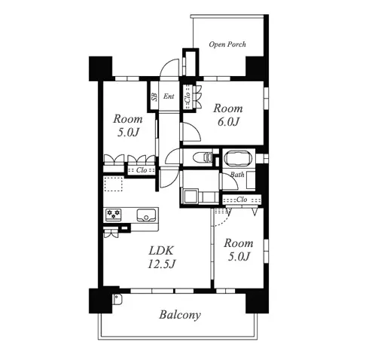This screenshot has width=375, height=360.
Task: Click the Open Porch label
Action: click(227, 44)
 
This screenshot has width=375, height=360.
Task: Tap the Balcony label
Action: click(180, 315)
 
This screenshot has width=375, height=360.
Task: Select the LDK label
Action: click(161, 250)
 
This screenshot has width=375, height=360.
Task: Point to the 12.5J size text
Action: click(161, 264)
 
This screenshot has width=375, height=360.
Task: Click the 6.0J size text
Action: click(228, 122)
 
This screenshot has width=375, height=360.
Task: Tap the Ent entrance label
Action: click(169, 96)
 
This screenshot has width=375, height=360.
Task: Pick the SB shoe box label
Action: click(154, 97)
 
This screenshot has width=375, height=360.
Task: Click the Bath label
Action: click(237, 174)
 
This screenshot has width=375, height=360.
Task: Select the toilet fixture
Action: click(203, 157)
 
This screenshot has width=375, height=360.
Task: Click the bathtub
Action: click(237, 158)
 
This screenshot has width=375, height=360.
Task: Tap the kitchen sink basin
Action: click(146, 215)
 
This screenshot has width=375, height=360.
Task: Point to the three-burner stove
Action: click(114, 215)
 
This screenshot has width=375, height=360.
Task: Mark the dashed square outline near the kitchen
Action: click(114, 184)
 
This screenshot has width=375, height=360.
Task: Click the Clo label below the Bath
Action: click(242, 200)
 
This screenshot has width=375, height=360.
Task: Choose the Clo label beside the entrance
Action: click(187, 97)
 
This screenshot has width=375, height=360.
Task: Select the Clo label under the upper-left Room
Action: click(142, 170)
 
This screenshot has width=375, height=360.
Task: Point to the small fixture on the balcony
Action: click(117, 299)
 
